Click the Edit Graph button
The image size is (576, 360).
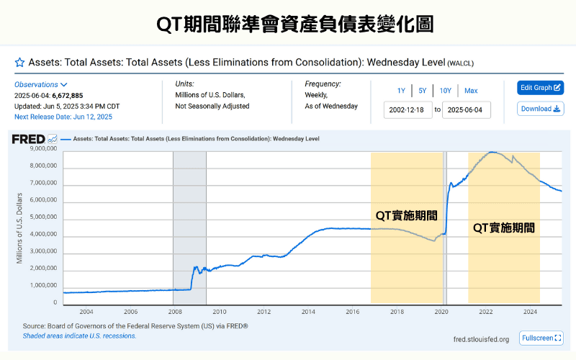(x=540, y=88)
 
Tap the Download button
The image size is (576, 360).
(x=540, y=109)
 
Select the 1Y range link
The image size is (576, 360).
(x=401, y=91)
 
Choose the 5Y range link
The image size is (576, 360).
(x=423, y=91)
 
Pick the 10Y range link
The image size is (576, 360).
(x=446, y=91)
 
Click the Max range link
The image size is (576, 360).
(x=471, y=91)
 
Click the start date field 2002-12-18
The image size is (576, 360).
(x=408, y=110)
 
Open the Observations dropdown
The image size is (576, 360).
(x=41, y=85)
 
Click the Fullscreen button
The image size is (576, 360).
(x=540, y=338)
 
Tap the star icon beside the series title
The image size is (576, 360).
(x=19, y=63)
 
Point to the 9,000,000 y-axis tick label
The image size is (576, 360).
(x=43, y=149)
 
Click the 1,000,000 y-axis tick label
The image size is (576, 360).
(x=43, y=285)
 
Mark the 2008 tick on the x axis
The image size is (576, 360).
(x=174, y=312)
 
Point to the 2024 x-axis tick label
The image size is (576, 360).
(x=530, y=312)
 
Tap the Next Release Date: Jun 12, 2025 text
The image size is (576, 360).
(x=63, y=117)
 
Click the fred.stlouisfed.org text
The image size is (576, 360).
(x=481, y=339)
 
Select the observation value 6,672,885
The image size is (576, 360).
(x=67, y=96)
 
